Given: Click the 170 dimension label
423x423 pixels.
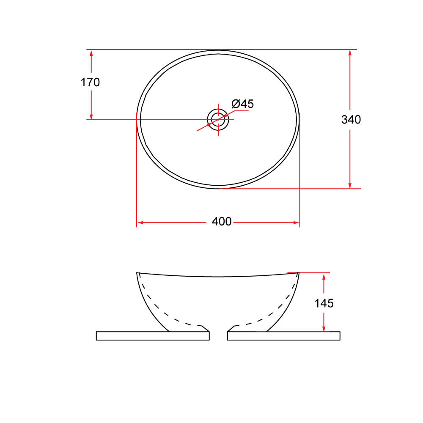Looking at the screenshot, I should (90, 82).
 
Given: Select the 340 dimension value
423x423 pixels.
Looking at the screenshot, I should (351, 120).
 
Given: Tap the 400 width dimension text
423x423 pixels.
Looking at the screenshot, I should (222, 222).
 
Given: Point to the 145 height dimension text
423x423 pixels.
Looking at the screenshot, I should (324, 303).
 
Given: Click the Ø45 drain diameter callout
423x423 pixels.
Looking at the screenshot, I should (243, 104).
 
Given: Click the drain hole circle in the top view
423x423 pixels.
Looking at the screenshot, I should (218, 119).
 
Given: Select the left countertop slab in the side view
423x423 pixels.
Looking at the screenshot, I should (153, 336).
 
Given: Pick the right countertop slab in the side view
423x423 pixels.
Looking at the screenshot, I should (284, 336).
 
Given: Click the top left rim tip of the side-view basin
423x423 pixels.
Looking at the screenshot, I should (137, 273).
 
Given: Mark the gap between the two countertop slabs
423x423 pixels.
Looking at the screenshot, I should (218, 336).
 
